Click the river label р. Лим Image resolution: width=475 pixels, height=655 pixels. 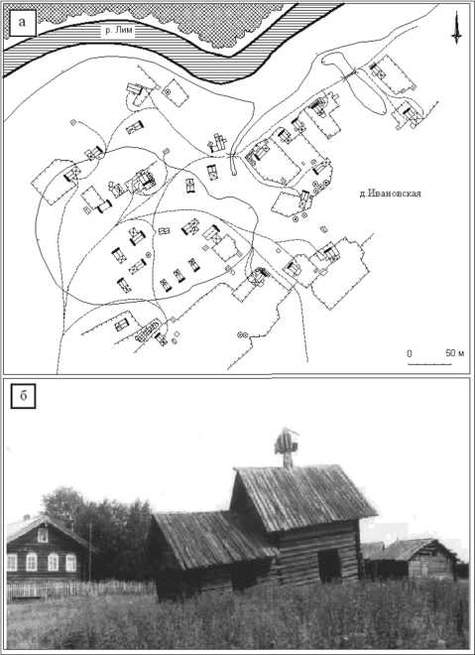[118, 31]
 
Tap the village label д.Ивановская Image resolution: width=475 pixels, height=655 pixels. [391, 194]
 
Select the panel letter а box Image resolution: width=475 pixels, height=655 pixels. [22, 23]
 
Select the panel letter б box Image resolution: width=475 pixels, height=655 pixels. [23, 396]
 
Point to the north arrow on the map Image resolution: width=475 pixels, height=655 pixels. [456, 29]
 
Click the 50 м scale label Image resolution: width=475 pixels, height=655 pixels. [454, 353]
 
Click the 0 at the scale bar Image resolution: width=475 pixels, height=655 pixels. [409, 353]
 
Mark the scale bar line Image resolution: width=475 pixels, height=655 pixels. [429, 364]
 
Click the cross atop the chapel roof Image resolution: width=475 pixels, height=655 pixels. [287, 445]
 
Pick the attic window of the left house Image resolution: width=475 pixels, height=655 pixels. [43, 535]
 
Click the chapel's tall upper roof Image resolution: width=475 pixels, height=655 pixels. [304, 496]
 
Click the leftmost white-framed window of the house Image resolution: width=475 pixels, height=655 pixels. [12, 563]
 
